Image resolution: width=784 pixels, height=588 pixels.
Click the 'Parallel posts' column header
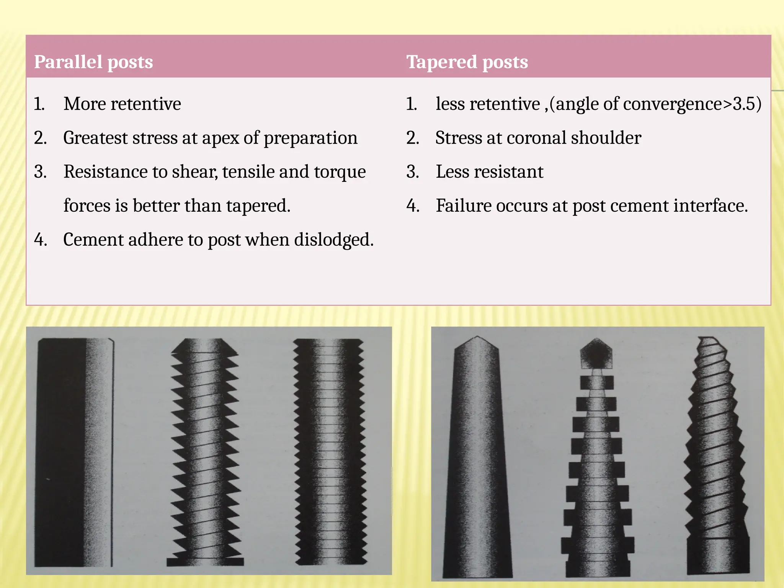click(93, 62)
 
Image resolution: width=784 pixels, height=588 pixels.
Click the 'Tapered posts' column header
click(467, 62)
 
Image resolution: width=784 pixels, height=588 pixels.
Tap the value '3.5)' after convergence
click(747, 104)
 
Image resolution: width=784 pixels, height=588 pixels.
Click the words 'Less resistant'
click(489, 172)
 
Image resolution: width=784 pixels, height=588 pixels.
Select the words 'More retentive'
click(122, 104)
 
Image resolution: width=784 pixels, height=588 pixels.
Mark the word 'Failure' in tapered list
click(463, 206)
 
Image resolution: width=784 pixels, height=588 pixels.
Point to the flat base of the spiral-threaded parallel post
click(205, 562)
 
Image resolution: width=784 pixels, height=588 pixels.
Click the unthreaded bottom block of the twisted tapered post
click(718, 559)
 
